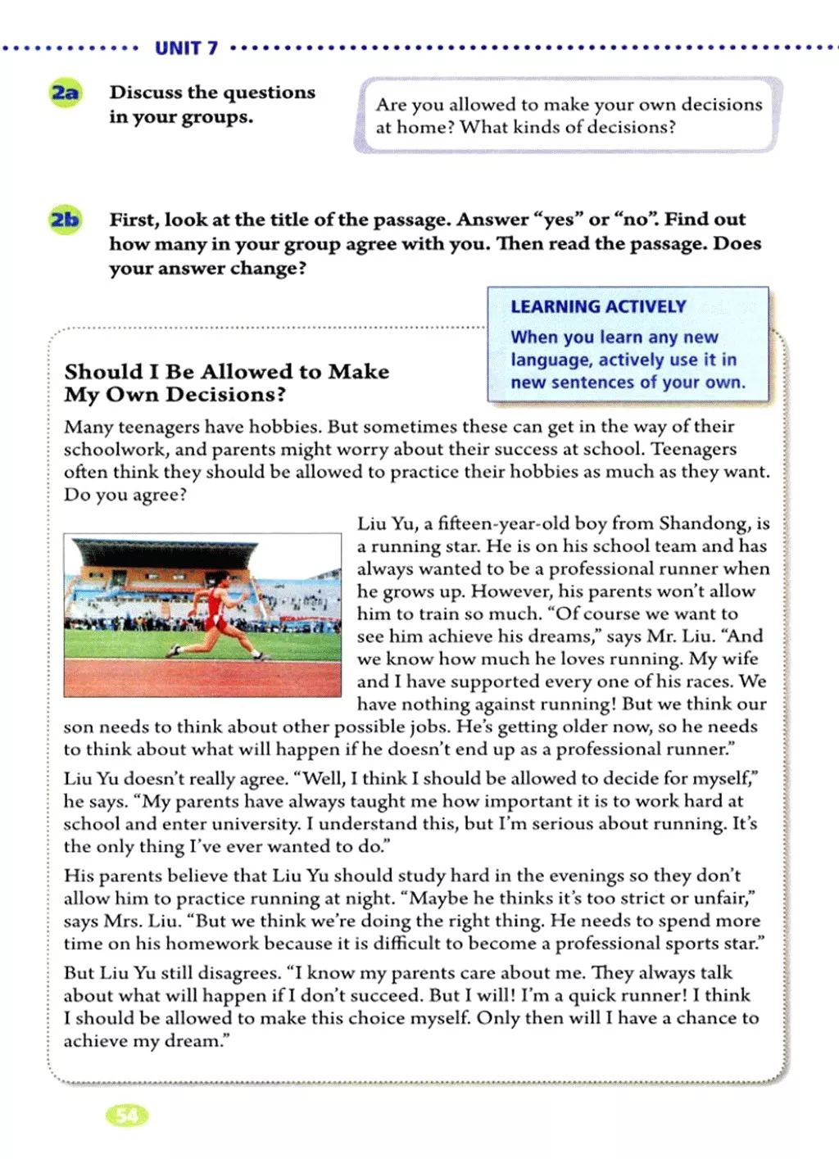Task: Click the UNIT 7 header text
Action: pyautogui.click(x=186, y=48)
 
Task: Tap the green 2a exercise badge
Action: pyautogui.click(x=66, y=93)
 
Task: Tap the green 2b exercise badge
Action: pyautogui.click(x=66, y=220)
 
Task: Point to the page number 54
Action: pyautogui.click(x=128, y=1115)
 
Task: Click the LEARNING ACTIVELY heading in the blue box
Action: pyautogui.click(x=598, y=307)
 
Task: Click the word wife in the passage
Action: pyautogui.click(x=741, y=659)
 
